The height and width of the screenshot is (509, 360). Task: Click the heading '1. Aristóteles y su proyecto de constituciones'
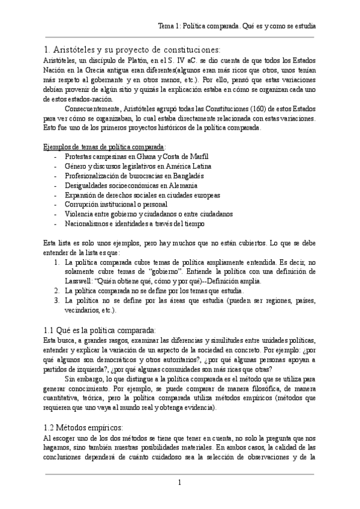pos(133,49)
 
